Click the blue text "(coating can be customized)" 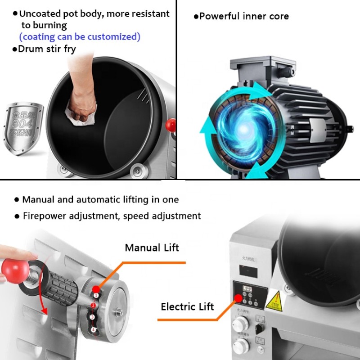80,36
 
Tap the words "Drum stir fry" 46,49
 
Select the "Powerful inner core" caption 243,17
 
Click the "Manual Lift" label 152,247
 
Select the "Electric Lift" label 188,307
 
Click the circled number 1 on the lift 96,295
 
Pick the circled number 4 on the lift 94,330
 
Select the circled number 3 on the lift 93,317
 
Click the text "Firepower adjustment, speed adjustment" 112,216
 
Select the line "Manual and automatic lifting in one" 100,199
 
